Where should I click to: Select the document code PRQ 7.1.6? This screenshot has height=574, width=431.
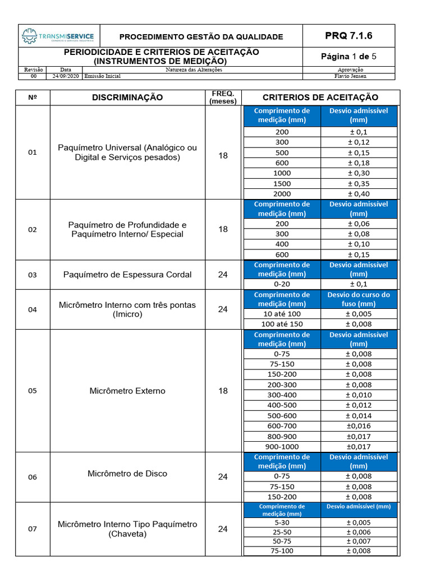tap(349, 36)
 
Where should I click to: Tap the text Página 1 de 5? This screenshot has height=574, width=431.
tap(349, 57)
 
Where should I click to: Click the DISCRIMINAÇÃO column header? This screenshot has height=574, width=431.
tap(127, 98)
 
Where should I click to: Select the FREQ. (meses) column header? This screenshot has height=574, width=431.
tap(223, 98)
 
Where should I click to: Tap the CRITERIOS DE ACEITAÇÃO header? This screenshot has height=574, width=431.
tap(320, 98)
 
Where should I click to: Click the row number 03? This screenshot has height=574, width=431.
tap(32, 275)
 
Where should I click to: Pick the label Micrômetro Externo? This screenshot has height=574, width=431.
tap(127, 391)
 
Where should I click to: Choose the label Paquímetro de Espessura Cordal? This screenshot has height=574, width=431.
tap(127, 275)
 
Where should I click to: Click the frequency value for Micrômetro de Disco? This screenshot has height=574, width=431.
tap(223, 477)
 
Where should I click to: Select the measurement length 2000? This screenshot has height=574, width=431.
tap(282, 194)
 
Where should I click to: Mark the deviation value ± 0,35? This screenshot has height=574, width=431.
tap(359, 183)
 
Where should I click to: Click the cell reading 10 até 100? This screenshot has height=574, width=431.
tap(282, 314)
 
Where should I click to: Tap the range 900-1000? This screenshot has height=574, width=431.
tap(282, 447)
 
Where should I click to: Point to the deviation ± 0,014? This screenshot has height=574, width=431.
tap(359, 416)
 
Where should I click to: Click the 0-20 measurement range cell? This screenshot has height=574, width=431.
tap(282, 284)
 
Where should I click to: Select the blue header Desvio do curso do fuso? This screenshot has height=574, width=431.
tap(359, 299)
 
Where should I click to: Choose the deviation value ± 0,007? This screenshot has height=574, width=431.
tap(359, 541)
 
